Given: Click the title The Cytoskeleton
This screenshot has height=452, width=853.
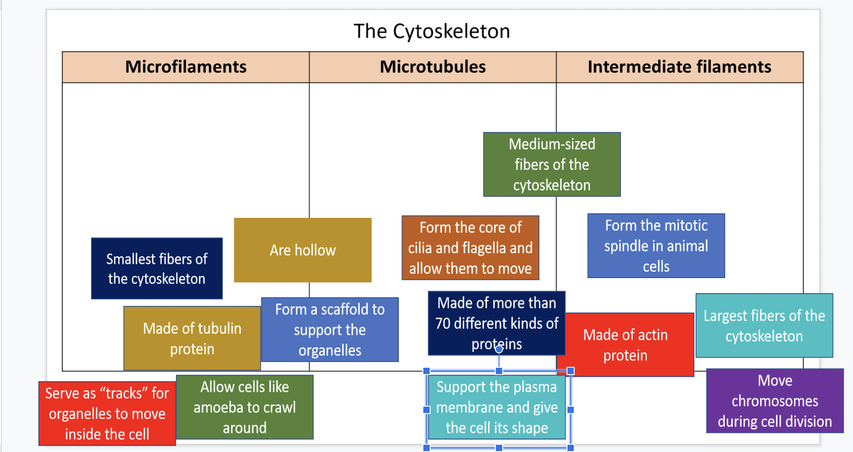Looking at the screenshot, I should click(431, 31).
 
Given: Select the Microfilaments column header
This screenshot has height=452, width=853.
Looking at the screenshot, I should click(186, 67).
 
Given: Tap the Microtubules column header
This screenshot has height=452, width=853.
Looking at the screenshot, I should click(432, 67).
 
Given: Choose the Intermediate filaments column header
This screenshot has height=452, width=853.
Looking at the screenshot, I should click(679, 67).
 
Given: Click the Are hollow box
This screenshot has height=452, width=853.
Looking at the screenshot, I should click(302, 250).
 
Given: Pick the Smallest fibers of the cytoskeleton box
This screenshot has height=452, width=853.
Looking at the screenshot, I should click(156, 269).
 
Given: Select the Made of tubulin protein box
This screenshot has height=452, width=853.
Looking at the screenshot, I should click(192, 338).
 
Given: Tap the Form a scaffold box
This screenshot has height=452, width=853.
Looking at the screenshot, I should click(330, 330).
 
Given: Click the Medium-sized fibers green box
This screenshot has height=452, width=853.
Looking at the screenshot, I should click(552, 164).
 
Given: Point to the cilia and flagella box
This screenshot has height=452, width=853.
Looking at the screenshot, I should click(470, 248).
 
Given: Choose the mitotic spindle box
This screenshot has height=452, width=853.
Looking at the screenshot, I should click(656, 245).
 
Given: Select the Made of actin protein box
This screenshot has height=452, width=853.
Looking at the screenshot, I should click(625, 345).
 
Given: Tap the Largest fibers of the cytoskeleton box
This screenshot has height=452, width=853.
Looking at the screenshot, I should click(764, 326).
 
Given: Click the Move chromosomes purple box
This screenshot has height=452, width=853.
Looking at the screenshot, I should click(775, 401).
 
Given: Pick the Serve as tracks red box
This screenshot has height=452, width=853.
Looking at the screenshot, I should click(107, 414).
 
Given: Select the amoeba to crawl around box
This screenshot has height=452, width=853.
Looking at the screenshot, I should click(244, 407).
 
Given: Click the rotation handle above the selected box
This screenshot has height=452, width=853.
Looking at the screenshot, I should click(499, 349).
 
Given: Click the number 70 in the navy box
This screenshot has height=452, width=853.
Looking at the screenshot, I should click(443, 323).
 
